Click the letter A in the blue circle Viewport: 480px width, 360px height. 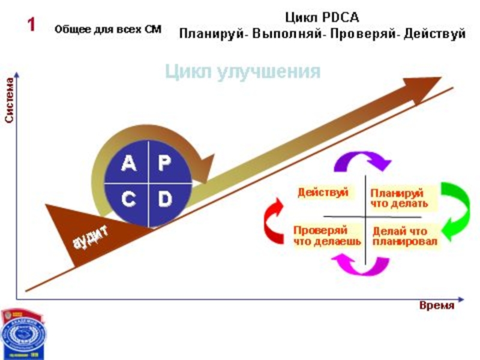point(128,163)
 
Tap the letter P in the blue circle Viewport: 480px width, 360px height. point(164,163)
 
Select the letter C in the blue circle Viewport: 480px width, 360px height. point(128,200)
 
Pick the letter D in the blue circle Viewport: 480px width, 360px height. point(164,200)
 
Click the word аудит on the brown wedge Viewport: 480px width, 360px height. point(91,236)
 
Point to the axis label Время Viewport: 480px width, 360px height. point(436,305)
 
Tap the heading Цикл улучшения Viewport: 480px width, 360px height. point(243,72)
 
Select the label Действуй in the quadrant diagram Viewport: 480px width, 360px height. point(323,193)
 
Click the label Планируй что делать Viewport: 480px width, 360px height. point(399,199)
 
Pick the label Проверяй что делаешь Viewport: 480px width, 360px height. point(326,236)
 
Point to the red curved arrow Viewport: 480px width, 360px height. point(274,222)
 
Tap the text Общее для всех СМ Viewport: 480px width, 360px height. point(108,29)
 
